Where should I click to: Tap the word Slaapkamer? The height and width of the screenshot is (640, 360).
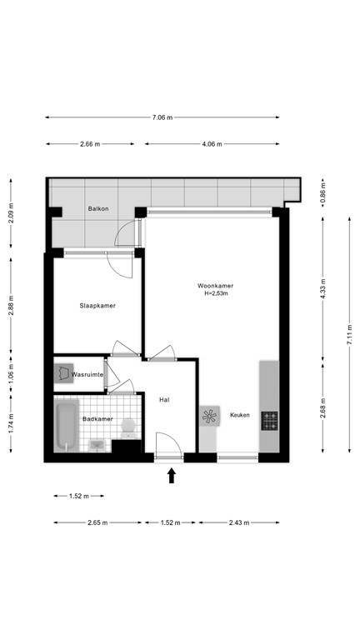(x=97, y=306)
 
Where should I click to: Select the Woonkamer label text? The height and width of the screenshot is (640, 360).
(x=215, y=286)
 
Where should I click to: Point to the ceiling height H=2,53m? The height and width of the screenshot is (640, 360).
(x=215, y=294)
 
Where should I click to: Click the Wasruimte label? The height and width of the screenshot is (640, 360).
(x=87, y=376)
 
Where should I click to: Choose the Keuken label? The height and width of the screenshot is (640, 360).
(x=240, y=414)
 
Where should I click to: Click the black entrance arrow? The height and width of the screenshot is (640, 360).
(x=172, y=475)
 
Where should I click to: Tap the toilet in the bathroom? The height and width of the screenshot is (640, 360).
(x=127, y=428)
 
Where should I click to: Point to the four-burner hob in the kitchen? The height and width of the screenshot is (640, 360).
(x=270, y=421)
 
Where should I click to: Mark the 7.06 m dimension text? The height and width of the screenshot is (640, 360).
(x=162, y=117)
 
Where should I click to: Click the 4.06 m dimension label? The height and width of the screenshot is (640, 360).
(x=212, y=144)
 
